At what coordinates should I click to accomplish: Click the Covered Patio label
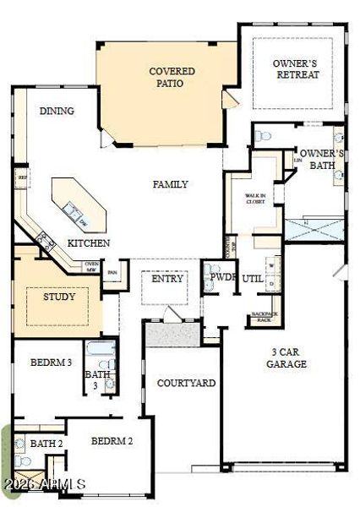(x=172, y=77)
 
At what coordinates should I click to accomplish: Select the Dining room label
(x=57, y=111)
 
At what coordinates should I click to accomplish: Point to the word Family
(x=170, y=184)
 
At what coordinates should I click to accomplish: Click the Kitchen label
(x=89, y=243)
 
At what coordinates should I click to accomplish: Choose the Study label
(x=59, y=297)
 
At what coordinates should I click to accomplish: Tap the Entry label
(x=163, y=280)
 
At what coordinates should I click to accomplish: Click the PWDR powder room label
(x=222, y=277)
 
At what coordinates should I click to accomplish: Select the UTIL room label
(x=252, y=278)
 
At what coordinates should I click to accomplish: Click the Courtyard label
(x=186, y=383)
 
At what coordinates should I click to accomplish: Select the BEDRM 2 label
(x=112, y=441)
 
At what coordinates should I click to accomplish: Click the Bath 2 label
(x=46, y=444)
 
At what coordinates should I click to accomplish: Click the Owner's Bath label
(x=322, y=160)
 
